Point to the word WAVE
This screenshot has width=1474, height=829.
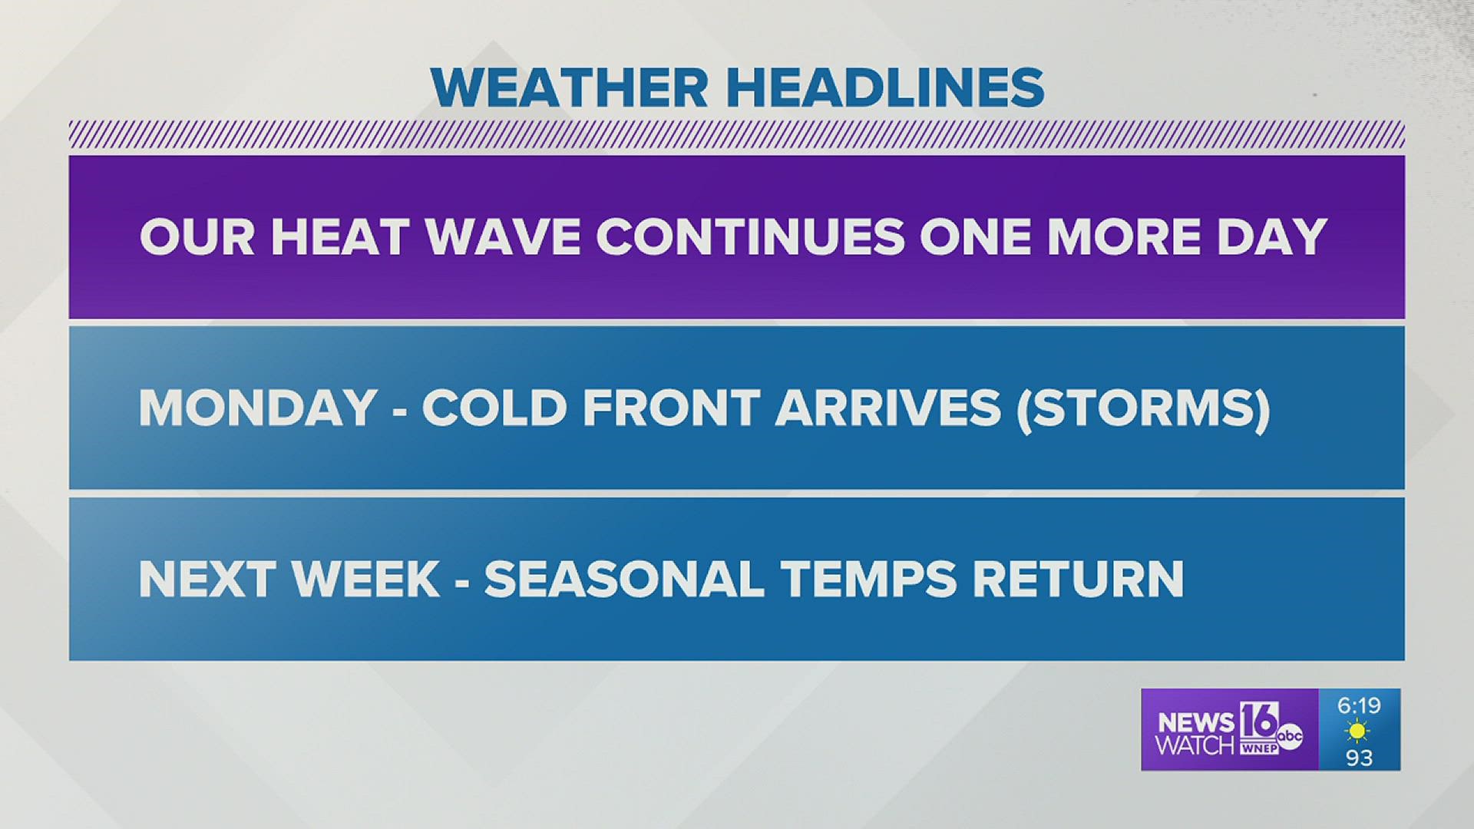point(501,236)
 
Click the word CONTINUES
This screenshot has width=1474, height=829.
point(750,236)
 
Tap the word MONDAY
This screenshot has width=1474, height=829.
point(257,408)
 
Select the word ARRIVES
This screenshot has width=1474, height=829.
point(887,408)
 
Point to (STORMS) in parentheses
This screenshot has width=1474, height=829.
point(1143,408)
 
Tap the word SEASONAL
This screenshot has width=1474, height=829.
point(623,579)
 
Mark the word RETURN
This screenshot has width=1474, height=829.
point(1078,579)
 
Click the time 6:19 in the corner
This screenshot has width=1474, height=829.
point(1359,705)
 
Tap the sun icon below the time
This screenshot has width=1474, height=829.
point(1359,731)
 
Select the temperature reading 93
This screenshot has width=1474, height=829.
point(1359,758)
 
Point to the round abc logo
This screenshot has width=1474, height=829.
point(1290,736)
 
